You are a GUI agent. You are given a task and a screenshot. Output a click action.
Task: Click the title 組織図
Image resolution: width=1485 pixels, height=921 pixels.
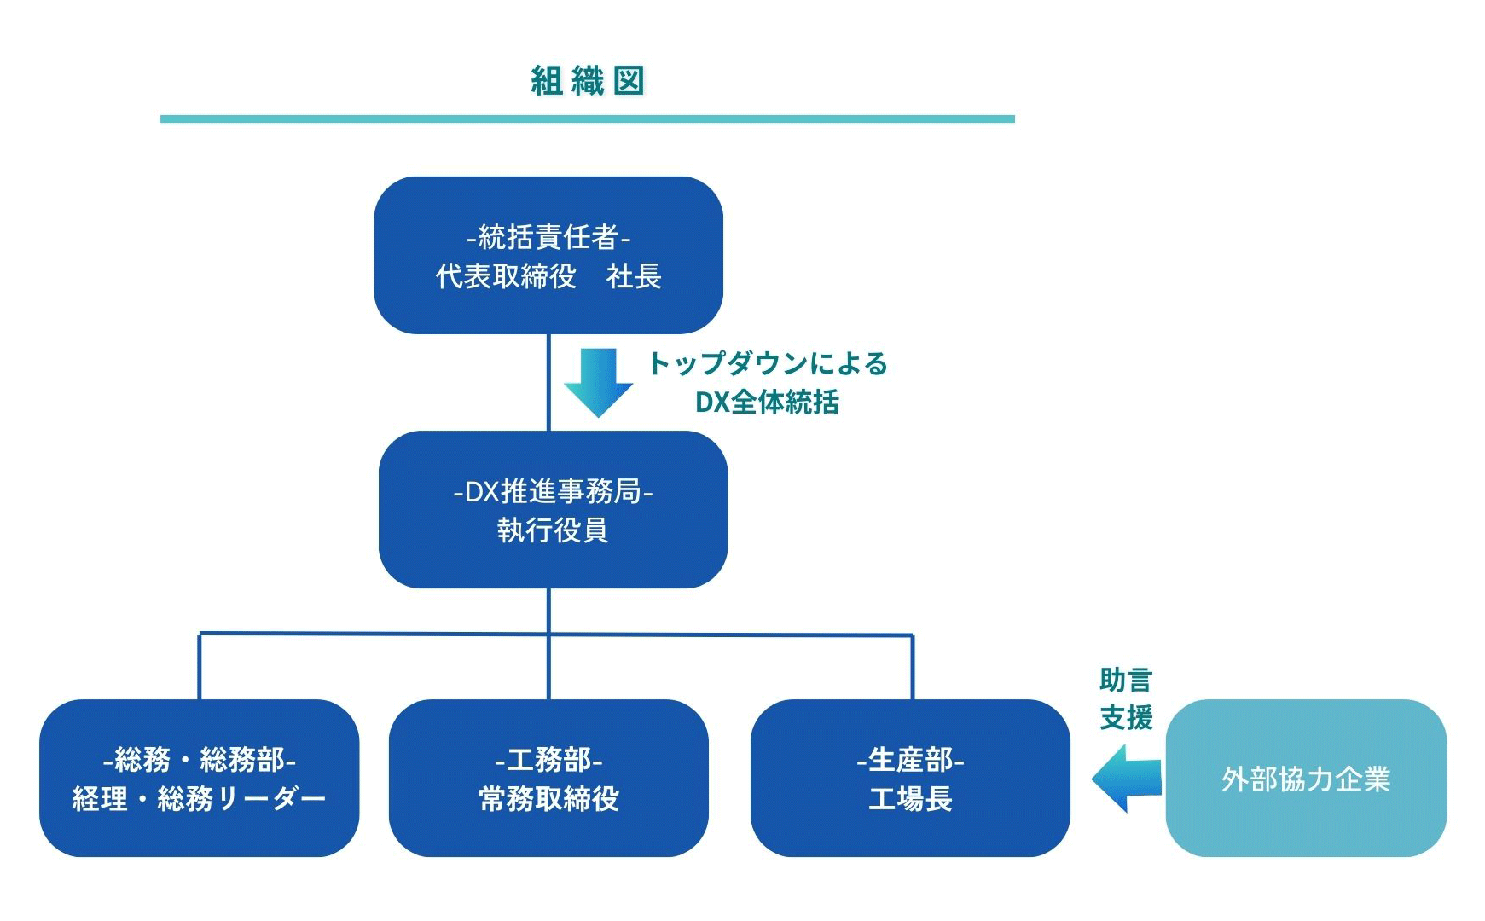587,81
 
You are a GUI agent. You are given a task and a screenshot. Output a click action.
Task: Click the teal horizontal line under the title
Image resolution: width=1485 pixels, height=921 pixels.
587,119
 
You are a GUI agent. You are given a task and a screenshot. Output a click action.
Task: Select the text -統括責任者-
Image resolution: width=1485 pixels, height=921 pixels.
548,236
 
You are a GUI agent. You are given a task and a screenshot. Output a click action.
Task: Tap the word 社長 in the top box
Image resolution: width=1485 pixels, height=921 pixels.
634,276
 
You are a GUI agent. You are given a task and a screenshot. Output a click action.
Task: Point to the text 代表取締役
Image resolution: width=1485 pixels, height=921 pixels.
506,276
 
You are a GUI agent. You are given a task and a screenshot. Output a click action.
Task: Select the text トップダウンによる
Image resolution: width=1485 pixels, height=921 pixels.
768,363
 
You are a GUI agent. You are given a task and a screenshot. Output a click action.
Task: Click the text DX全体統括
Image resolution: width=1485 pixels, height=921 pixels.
767,402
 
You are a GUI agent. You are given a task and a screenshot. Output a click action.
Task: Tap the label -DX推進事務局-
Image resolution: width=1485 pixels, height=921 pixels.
553,491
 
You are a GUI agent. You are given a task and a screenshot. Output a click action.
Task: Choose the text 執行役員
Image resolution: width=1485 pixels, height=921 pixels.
553,530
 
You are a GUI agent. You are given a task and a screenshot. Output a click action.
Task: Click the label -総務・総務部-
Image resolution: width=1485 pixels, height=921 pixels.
199,759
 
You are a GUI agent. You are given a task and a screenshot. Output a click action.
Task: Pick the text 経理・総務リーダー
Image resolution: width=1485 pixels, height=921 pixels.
199,799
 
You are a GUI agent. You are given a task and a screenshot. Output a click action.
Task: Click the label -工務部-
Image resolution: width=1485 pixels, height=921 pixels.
548,759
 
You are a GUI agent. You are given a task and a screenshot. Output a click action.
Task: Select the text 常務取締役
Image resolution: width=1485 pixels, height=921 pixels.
548,799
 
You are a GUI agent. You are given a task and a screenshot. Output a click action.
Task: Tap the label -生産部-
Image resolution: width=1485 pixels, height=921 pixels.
910,759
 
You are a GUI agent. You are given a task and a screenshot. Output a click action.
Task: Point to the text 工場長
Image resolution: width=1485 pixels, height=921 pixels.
910,799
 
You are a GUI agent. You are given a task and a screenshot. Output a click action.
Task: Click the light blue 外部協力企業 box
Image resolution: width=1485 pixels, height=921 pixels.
1306,779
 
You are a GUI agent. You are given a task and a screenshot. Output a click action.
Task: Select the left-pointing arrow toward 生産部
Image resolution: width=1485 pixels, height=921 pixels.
1127,778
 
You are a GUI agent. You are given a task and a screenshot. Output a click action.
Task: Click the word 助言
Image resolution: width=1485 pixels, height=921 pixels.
1126,680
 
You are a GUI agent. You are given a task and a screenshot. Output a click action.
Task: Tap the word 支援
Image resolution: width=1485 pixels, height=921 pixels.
1126,718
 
